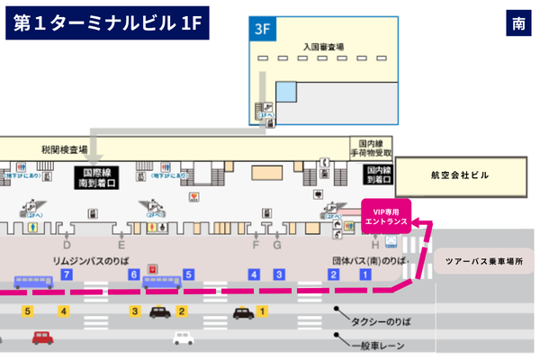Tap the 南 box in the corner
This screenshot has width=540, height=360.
pyautogui.click(x=519, y=24)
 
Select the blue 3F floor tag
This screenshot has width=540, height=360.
pyautogui.click(x=261, y=29)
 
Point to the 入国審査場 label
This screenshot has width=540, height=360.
pyautogui.click(x=323, y=45)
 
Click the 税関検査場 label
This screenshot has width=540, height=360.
pyautogui.click(x=63, y=148)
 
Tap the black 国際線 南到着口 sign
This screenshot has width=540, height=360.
pyautogui.click(x=96, y=177)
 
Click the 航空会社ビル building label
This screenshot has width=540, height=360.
pyautogui.click(x=459, y=175)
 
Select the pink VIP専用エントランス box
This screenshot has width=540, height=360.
pyautogui.click(x=385, y=217)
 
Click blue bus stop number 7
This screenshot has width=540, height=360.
pyautogui.click(x=67, y=274)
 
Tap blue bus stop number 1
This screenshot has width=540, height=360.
pyautogui.click(x=365, y=274)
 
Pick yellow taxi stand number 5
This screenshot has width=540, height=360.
pyautogui.click(x=28, y=311)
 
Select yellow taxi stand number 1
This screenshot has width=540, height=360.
pyautogui.click(x=262, y=311)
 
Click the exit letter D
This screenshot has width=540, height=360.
pyautogui.click(x=67, y=245)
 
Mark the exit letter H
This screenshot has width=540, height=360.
pyautogui.click(x=375, y=245)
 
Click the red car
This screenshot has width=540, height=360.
pyautogui.click(x=42, y=337)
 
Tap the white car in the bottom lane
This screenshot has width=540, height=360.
pyautogui.click(x=183, y=338)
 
